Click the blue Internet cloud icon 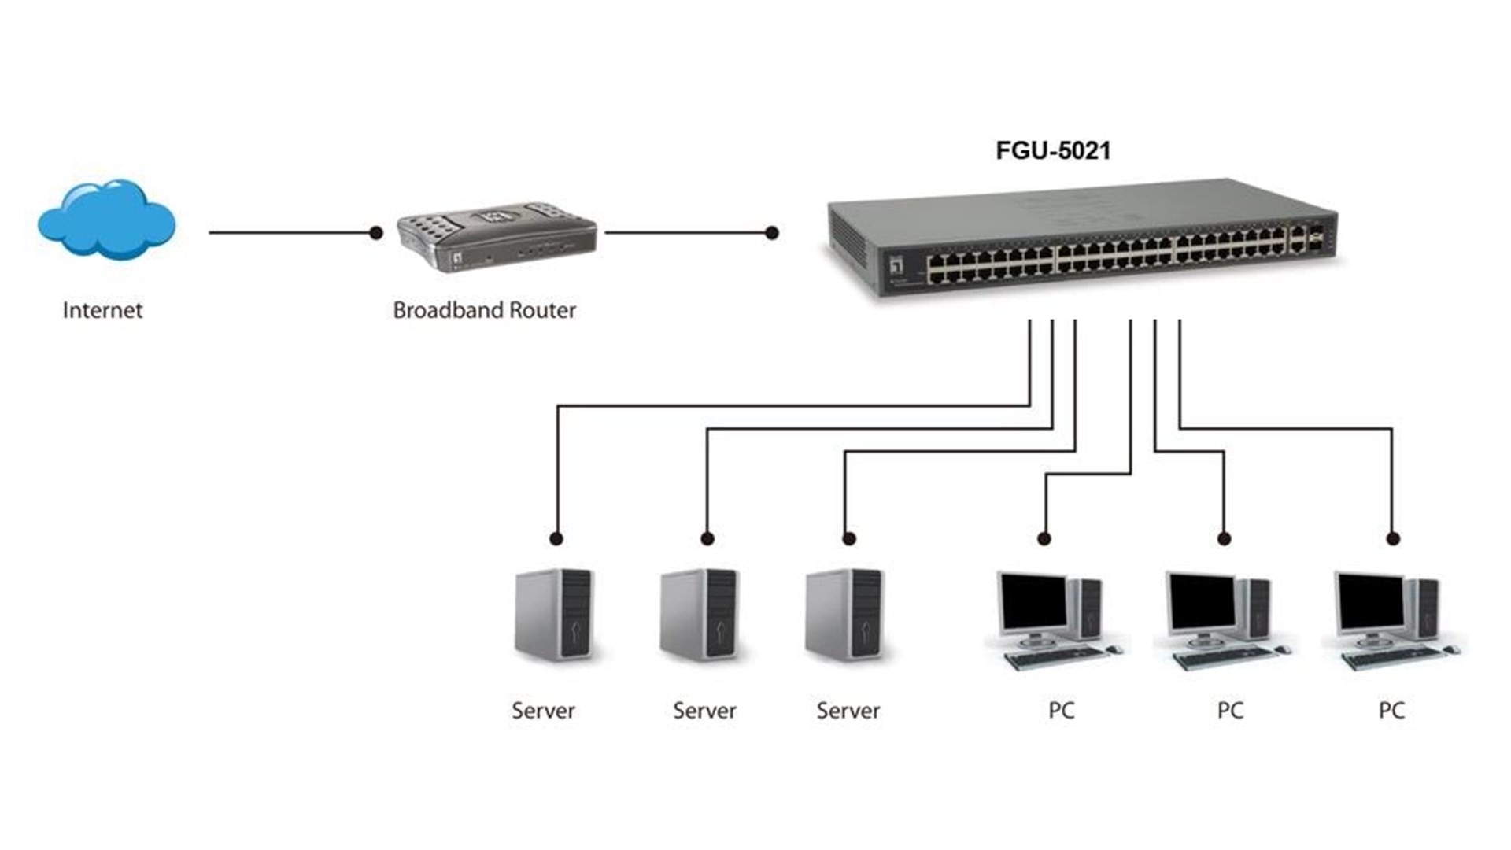(x=106, y=220)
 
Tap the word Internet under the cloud (x=102, y=310)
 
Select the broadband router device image (x=496, y=237)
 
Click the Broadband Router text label (x=484, y=310)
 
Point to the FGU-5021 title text (x=1053, y=150)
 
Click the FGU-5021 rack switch (x=1082, y=240)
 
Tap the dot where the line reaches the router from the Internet (x=376, y=233)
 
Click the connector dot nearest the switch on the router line (x=772, y=233)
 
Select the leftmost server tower (x=553, y=615)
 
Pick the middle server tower (x=699, y=615)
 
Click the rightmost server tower (x=844, y=615)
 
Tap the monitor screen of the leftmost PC (x=1033, y=603)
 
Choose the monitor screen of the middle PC (x=1203, y=603)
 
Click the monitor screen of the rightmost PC (x=1371, y=603)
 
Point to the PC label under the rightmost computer (x=1391, y=711)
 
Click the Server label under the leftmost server (x=543, y=711)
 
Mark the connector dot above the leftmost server (x=556, y=539)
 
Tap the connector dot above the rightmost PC (x=1393, y=539)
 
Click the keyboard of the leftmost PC (x=1055, y=658)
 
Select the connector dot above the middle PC (x=1224, y=539)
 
